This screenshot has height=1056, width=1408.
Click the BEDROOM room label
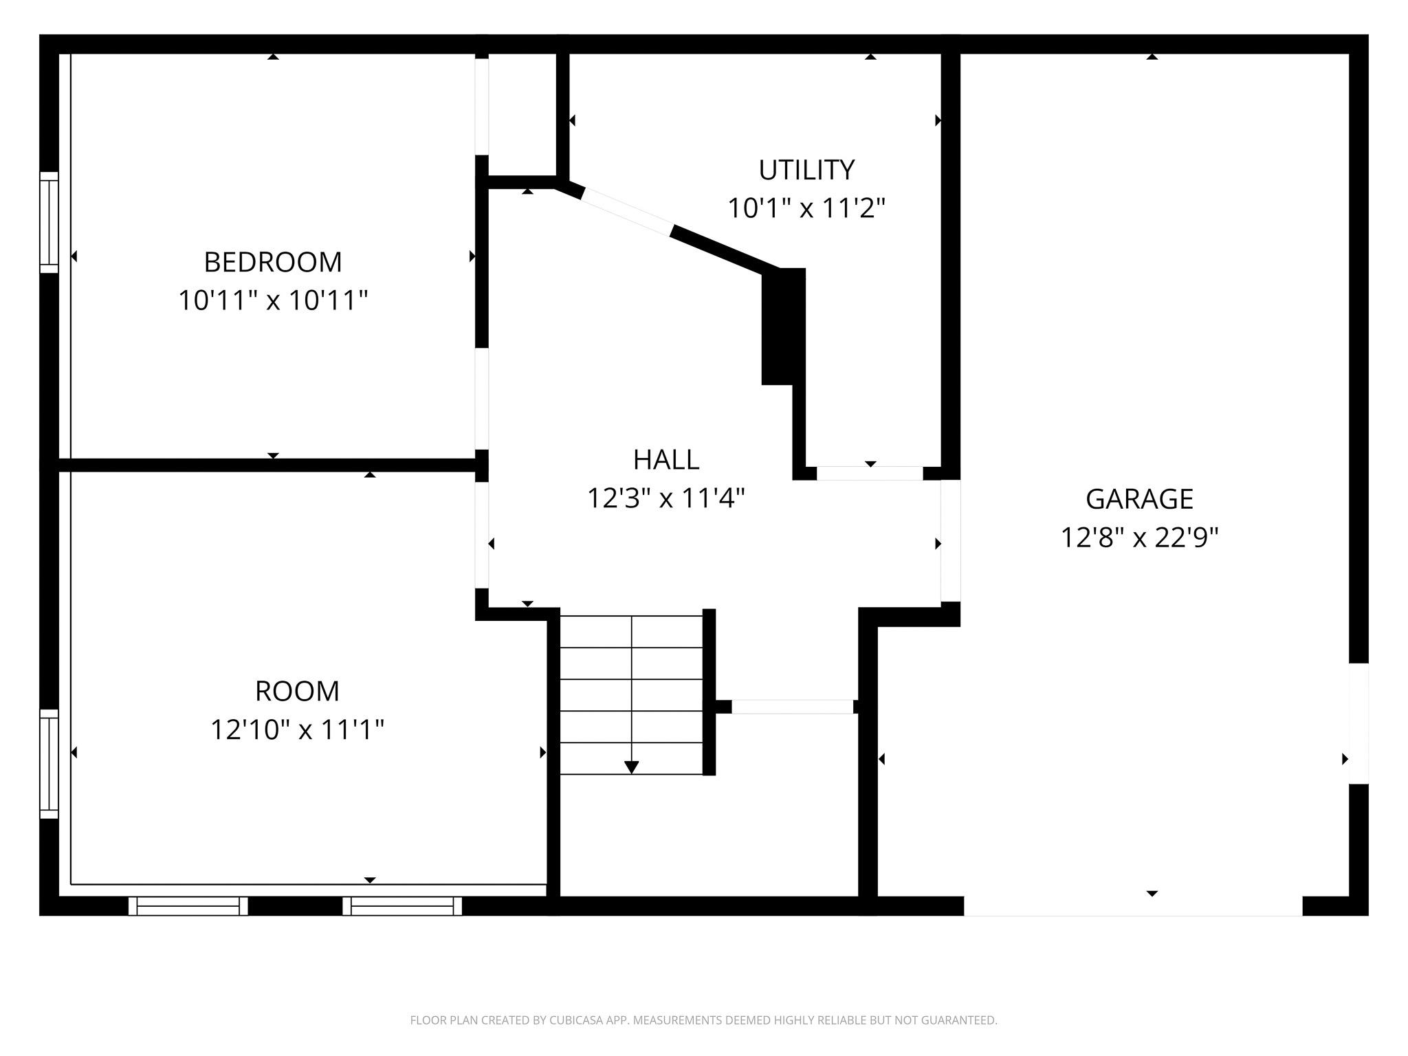click(x=273, y=262)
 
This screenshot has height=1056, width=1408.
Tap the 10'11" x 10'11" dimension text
click(x=273, y=300)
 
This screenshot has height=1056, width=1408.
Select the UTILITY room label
click(x=806, y=169)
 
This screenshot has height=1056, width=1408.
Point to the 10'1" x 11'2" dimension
click(x=806, y=208)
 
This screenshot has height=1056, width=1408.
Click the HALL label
click(x=665, y=460)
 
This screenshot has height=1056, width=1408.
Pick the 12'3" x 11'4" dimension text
click(x=665, y=498)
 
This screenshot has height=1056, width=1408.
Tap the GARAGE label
click(x=1138, y=498)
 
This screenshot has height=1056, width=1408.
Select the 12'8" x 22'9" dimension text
click(x=1138, y=537)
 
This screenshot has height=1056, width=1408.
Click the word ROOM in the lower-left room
click(x=297, y=691)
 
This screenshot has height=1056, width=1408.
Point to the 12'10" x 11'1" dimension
click(x=297, y=729)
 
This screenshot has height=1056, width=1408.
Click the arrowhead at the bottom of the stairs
click(x=631, y=767)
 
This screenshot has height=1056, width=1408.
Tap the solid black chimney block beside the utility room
click(x=783, y=327)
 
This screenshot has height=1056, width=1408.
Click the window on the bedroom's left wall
click(x=49, y=222)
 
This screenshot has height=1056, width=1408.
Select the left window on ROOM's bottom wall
click(x=188, y=906)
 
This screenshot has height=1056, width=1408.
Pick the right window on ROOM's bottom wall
click(x=402, y=906)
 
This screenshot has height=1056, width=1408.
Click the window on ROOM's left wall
click(x=49, y=763)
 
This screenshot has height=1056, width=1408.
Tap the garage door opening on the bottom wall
click(x=1132, y=906)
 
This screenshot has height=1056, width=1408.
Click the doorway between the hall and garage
click(x=950, y=540)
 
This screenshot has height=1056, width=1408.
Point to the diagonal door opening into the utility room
click(x=627, y=212)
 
